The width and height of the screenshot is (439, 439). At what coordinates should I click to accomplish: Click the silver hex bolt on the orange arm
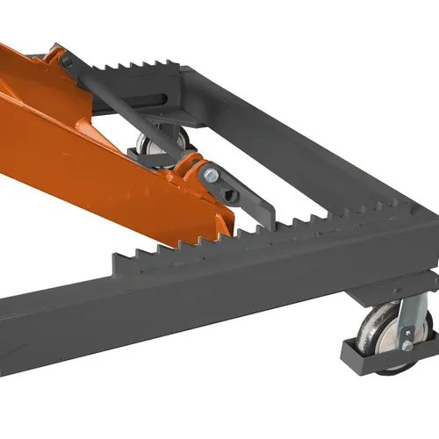tap(212, 176)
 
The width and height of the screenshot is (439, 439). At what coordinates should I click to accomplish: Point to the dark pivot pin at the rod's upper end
tap(67, 61)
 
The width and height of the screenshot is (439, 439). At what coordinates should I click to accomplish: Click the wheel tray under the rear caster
tap(145, 156)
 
